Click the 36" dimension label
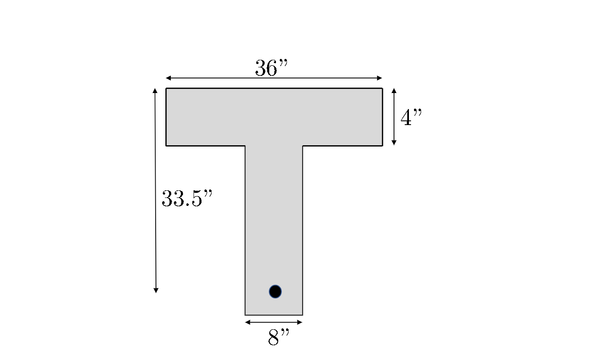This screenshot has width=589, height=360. [x=271, y=68]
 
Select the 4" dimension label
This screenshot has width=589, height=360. [x=411, y=118]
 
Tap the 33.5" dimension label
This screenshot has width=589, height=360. [x=187, y=199]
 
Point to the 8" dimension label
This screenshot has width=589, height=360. [x=279, y=337]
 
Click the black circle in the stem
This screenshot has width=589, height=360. [x=275, y=291]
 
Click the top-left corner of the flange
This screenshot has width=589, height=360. [x=166, y=88]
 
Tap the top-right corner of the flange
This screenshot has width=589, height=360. [x=382, y=88]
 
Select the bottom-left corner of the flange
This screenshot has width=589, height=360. [x=166, y=146]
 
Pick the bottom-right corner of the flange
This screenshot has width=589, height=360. [x=382, y=146]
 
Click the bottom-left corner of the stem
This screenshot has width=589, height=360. [x=245, y=315]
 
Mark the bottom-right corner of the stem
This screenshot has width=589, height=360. [x=302, y=315]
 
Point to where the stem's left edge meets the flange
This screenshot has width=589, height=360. [x=245, y=146]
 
